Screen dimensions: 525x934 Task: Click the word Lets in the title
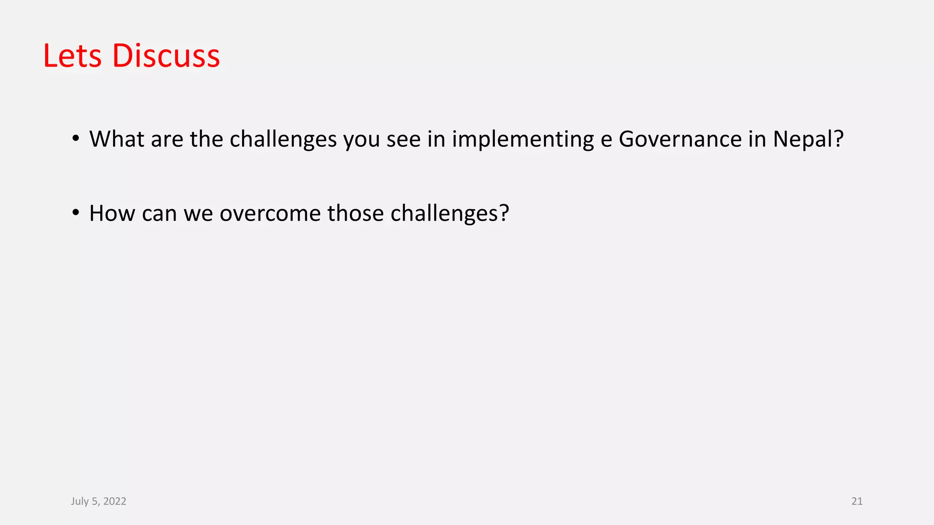[x=72, y=56]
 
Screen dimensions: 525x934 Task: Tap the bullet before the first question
[x=76, y=139]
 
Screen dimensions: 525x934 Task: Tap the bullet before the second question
[x=76, y=213]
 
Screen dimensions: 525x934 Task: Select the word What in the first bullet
[x=117, y=139]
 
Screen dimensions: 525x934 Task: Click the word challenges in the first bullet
[x=283, y=140]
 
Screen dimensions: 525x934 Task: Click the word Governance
[x=680, y=139]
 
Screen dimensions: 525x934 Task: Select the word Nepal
[x=803, y=140]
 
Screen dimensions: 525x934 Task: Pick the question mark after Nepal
[x=839, y=139]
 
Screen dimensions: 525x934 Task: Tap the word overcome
[x=270, y=214]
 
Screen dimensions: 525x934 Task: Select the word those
[x=355, y=213]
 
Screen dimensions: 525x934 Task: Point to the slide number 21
[x=856, y=501]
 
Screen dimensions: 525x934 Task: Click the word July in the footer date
[x=80, y=501]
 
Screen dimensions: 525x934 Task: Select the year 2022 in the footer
[x=114, y=501]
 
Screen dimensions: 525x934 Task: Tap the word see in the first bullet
[x=403, y=140]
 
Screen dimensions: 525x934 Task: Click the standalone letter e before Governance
[x=606, y=140]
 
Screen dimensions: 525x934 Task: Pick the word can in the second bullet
[x=159, y=214]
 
